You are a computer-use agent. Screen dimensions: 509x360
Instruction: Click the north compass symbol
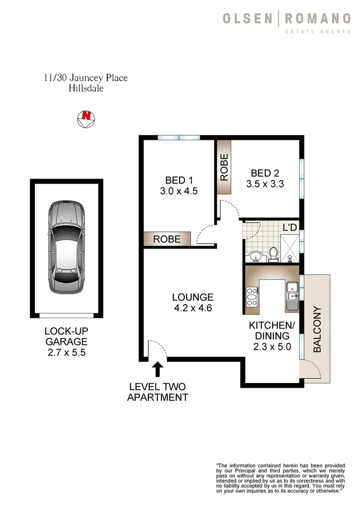(86, 118)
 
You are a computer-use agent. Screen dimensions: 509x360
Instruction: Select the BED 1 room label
(179, 180)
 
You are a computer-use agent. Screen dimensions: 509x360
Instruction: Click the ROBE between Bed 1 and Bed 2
(224, 168)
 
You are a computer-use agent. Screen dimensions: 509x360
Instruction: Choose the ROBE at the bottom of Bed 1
(167, 239)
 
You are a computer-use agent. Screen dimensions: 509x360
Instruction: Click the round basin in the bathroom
(255, 256)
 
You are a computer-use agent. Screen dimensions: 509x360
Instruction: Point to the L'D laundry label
(290, 227)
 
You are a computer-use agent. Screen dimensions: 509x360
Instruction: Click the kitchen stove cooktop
(251, 297)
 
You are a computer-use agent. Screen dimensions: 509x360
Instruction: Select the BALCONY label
(317, 329)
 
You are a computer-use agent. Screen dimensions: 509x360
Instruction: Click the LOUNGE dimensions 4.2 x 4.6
(192, 309)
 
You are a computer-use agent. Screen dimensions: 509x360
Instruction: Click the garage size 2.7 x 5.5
(66, 352)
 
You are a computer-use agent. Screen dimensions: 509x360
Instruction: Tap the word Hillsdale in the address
(86, 88)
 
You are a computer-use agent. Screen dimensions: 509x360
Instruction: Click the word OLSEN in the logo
(247, 19)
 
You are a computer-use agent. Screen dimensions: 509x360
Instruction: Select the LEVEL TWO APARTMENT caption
(158, 391)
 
